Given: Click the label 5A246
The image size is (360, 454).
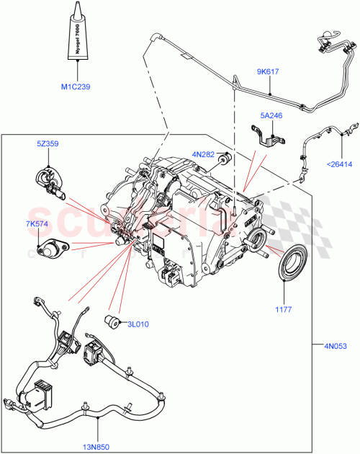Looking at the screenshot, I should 272,115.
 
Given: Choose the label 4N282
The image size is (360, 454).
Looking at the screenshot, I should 204,153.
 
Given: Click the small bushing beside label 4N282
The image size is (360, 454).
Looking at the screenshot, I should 224,159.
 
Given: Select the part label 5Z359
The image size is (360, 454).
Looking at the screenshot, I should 48,143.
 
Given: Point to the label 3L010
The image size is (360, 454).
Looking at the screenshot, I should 138,324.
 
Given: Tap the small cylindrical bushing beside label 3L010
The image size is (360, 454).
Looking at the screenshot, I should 112,320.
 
